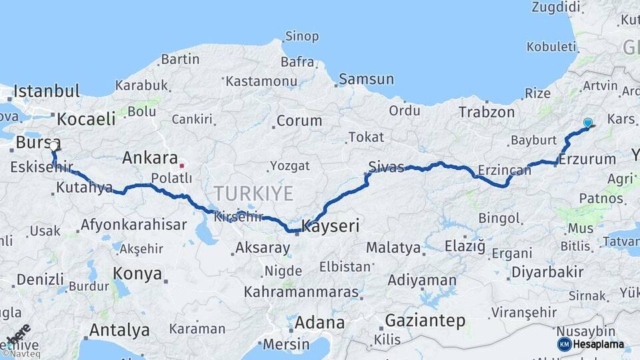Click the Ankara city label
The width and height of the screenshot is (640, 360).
(149, 158)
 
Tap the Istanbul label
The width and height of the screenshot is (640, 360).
(47, 91)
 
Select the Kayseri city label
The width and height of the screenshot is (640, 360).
(331, 227)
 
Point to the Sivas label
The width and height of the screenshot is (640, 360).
(387, 167)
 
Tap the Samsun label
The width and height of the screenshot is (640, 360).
(366, 79)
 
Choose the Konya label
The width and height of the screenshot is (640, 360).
(137, 273)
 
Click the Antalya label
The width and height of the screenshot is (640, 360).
(119, 330)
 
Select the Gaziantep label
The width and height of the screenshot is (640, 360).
(425, 321)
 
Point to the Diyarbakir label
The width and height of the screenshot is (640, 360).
(547, 272)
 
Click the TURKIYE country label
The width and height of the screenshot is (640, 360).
(253, 194)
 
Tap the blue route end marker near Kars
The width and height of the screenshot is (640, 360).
(587, 123)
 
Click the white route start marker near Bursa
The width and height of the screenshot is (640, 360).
(54, 145)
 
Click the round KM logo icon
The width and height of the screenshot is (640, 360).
(564, 344)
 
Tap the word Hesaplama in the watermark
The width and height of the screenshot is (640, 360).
(599, 344)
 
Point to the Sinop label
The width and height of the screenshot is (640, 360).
(301, 36)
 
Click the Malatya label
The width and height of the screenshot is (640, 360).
(393, 248)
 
